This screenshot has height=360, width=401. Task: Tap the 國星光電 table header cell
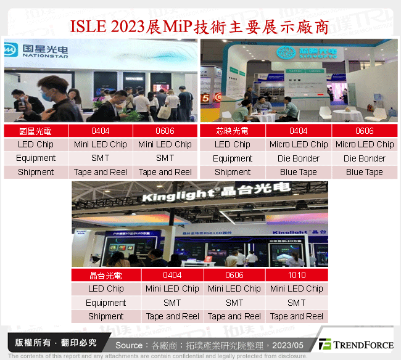36,131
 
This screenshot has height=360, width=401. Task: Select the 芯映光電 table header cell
233,131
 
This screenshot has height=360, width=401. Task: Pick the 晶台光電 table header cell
106,275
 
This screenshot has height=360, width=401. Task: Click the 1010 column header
296,275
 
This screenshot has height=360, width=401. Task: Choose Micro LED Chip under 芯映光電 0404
299,144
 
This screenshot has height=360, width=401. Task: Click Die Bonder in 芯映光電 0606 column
365,158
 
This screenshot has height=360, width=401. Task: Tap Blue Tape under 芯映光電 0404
299,172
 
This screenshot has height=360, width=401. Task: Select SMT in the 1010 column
296,303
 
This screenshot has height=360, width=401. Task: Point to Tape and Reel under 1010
296,316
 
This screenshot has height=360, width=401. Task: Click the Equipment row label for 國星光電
36,158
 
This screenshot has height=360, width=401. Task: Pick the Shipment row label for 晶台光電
106,316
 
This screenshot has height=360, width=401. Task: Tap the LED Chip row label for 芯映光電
233,144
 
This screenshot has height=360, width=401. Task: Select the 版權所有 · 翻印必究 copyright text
55,343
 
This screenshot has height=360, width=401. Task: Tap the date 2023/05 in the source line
290,345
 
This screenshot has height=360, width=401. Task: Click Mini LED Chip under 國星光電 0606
165,144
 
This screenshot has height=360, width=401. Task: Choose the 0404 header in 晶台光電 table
172,275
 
